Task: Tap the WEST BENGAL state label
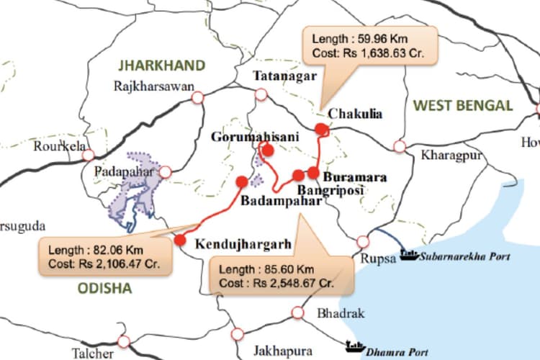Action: [463, 106]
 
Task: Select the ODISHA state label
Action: [106, 289]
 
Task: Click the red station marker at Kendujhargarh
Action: [180, 240]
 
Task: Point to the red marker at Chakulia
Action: [321, 128]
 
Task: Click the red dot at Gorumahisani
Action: [268, 150]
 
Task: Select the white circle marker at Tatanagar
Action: [261, 94]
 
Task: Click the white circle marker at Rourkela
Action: [88, 155]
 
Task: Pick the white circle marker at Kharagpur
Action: [400, 146]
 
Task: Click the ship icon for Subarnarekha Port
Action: [410, 255]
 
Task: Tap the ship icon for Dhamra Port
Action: [354, 346]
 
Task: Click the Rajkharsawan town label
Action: [154, 87]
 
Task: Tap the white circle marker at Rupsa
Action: [363, 241]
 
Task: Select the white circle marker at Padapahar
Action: [166, 172]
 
